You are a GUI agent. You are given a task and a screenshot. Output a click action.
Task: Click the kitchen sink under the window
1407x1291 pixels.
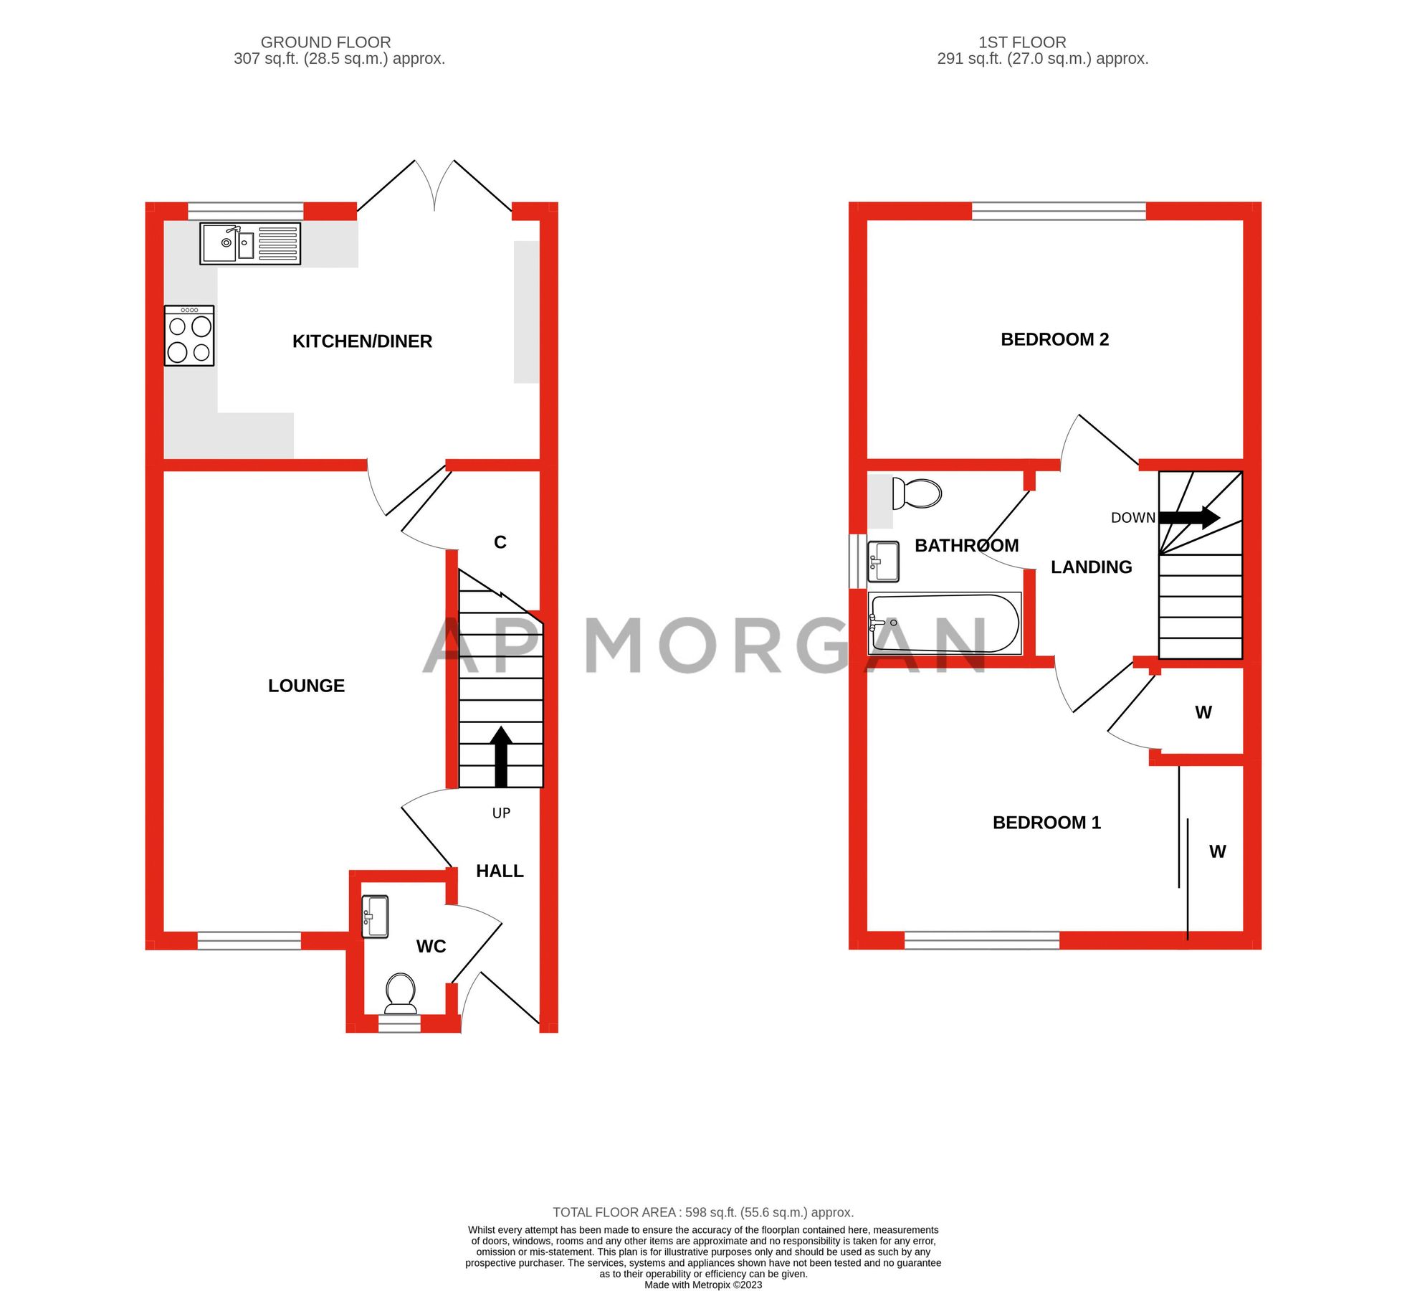pyautogui.click(x=249, y=244)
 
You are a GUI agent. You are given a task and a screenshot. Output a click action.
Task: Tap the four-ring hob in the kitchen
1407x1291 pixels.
pyautogui.click(x=189, y=336)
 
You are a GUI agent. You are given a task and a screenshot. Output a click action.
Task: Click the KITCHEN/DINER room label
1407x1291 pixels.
pyautogui.click(x=362, y=341)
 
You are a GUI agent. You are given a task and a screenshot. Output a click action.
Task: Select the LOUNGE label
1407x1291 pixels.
pyautogui.click(x=306, y=686)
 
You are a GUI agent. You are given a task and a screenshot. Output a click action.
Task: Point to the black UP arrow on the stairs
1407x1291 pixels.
pyautogui.click(x=501, y=757)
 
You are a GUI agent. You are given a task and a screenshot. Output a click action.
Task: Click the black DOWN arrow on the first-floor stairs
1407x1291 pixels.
pyautogui.click(x=1189, y=517)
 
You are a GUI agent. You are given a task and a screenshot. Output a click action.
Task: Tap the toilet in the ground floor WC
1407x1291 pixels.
pyautogui.click(x=401, y=993)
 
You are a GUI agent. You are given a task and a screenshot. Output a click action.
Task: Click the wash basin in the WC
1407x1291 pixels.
pyautogui.click(x=375, y=916)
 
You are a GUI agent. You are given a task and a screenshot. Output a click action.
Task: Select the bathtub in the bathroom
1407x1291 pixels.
pyautogui.click(x=944, y=623)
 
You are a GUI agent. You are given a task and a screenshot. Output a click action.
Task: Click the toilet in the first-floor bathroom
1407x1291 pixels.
pyautogui.click(x=917, y=493)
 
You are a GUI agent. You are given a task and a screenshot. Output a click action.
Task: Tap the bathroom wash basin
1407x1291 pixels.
pyautogui.click(x=884, y=561)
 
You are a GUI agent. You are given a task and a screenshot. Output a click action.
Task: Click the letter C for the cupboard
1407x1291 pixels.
pyautogui.click(x=500, y=542)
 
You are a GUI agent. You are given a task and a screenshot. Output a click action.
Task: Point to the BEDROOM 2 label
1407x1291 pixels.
pyautogui.click(x=1054, y=339)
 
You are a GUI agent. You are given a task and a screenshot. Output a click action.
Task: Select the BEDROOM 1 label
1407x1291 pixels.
pyautogui.click(x=1046, y=823)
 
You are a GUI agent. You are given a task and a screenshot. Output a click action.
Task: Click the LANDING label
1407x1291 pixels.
pyautogui.click(x=1091, y=567)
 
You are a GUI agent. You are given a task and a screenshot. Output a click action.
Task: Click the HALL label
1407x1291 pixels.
pyautogui.click(x=500, y=871)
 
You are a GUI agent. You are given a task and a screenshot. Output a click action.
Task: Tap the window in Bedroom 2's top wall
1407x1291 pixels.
pyautogui.click(x=1059, y=210)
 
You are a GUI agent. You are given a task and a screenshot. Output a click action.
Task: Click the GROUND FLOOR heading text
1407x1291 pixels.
pyautogui.click(x=325, y=42)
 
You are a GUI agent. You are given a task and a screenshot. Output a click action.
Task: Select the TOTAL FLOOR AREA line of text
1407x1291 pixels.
pyautogui.click(x=702, y=1212)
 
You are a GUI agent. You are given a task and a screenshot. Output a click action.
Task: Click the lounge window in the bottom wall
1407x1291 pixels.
pyautogui.click(x=249, y=940)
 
